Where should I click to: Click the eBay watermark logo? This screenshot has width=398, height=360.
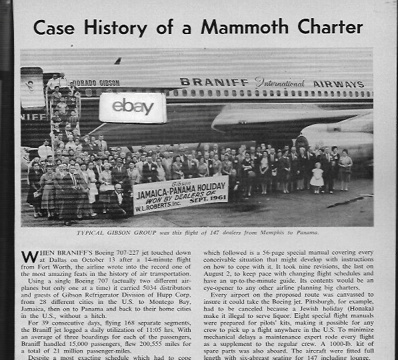(133, 107)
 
